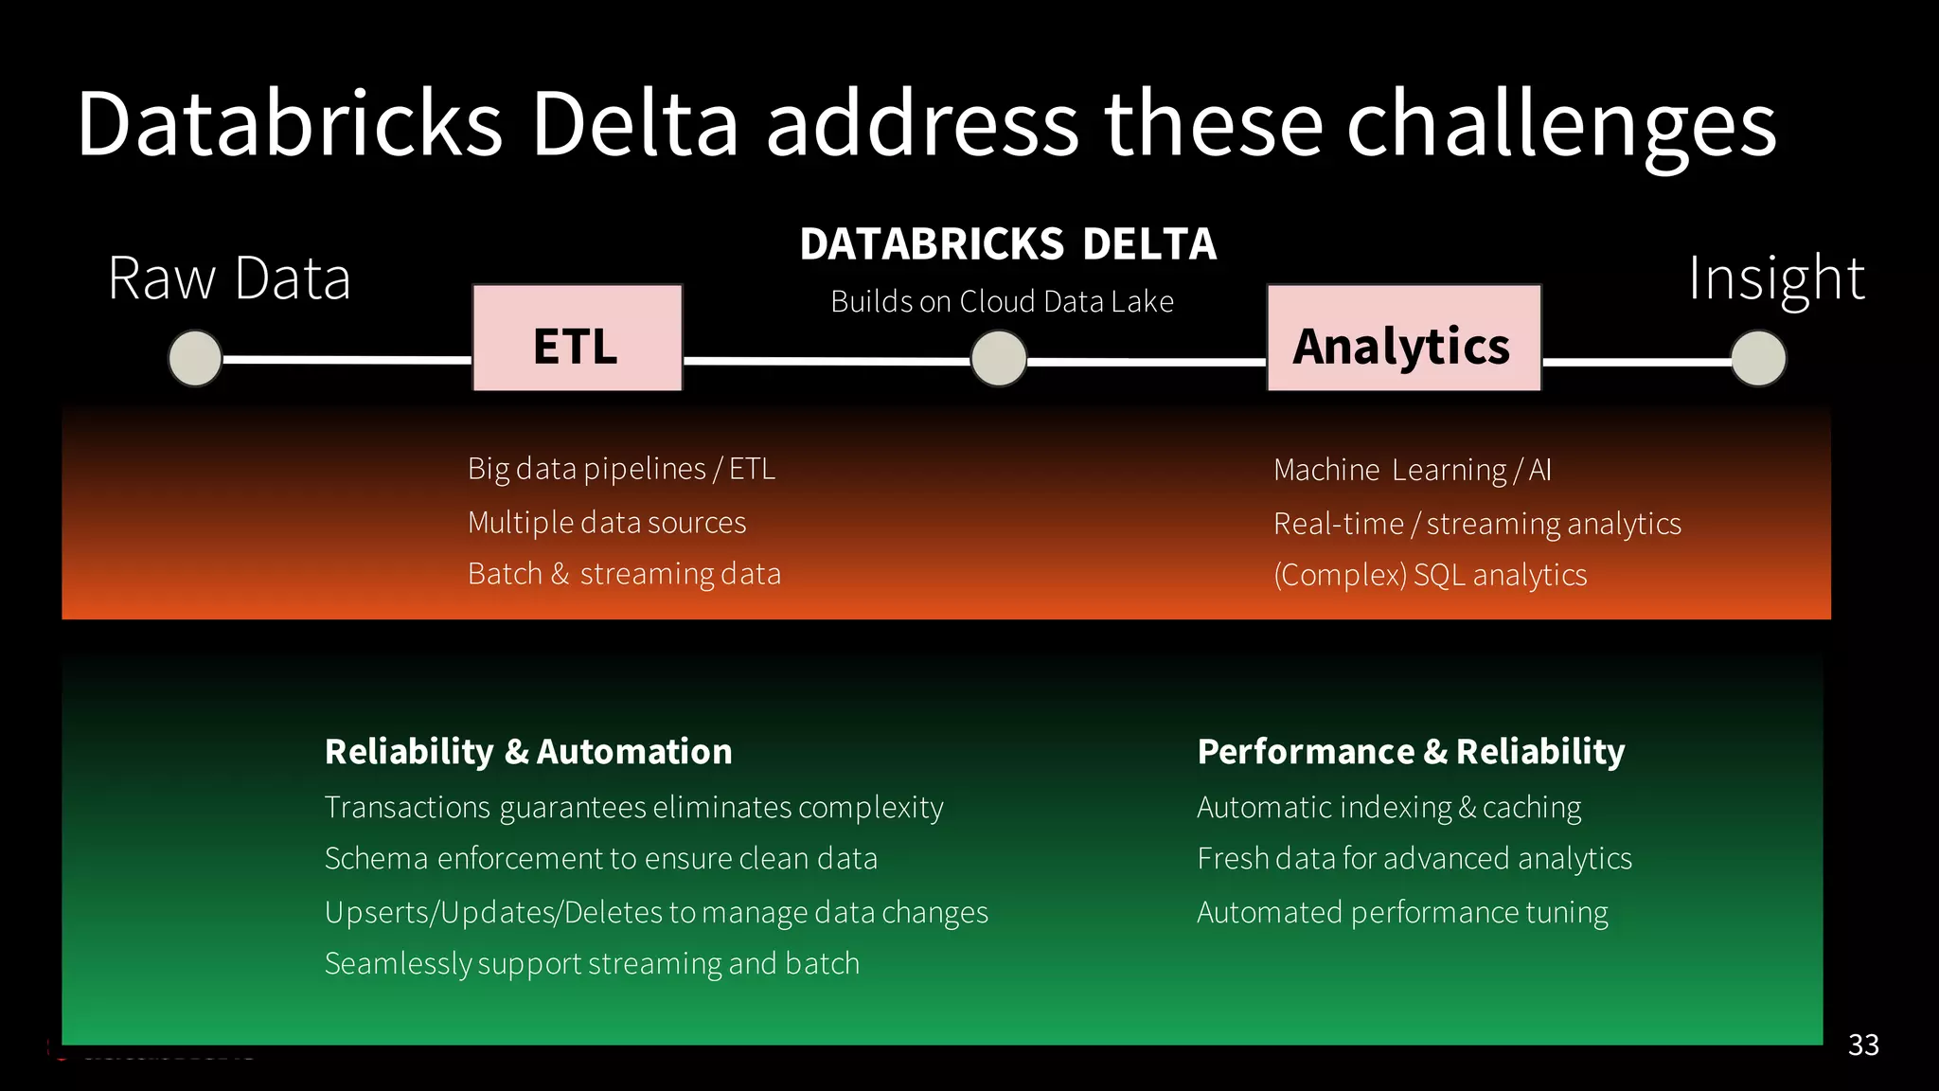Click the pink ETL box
point(577,338)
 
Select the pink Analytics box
point(1403,338)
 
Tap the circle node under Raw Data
point(195,358)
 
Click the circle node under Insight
point(1758,359)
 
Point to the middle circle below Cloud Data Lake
point(999,359)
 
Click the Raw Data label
point(229,278)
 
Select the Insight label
point(1776,278)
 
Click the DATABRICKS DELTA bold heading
point(1007,244)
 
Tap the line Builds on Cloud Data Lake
point(1002,302)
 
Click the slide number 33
point(1862,1045)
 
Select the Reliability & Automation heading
point(528,751)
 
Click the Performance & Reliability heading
point(1411,751)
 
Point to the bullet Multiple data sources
point(607,523)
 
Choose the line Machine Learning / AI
point(1412,470)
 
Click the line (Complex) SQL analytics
point(1430,575)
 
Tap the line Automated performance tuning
point(1402,912)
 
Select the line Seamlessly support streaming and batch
point(592,963)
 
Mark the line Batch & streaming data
point(624,574)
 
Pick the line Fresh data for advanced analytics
point(1414,858)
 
